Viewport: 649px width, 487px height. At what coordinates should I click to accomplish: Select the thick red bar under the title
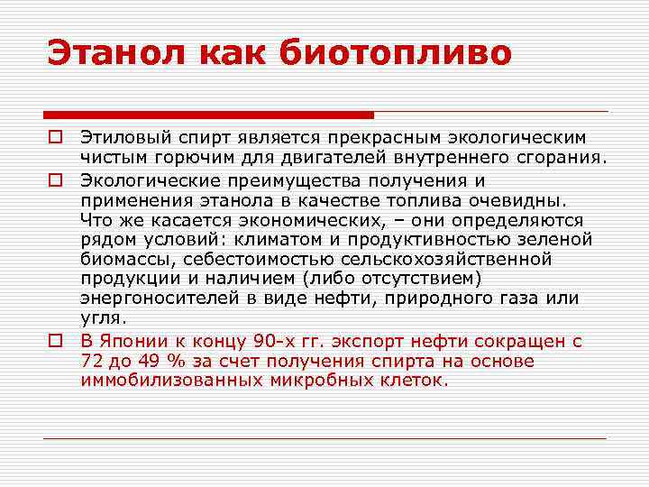point(208,115)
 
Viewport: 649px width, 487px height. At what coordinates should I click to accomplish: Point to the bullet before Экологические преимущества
point(55,179)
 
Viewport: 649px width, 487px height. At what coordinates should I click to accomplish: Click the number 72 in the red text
point(91,362)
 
